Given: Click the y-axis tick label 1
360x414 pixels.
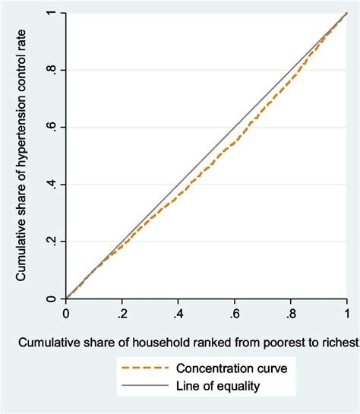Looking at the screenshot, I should pos(50,14).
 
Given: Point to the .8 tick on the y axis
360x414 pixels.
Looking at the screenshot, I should pos(50,70).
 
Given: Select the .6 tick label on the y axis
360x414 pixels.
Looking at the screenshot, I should pos(50,127).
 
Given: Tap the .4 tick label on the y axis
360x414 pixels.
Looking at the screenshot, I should pos(50,184).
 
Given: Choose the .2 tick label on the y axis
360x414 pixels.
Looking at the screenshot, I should pos(50,241).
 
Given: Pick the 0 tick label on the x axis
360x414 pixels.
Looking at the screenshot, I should pos(66,312).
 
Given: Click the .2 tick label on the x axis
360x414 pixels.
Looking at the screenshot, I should pos(122,312).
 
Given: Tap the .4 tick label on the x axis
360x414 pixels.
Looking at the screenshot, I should pos(178,312).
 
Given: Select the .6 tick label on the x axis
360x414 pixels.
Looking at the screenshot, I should pos(234,312).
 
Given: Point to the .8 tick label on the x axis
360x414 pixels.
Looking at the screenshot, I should pos(290,312).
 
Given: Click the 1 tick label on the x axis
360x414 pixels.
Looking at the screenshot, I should pos(347,312).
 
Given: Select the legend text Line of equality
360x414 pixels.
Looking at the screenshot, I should pos(219,386).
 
